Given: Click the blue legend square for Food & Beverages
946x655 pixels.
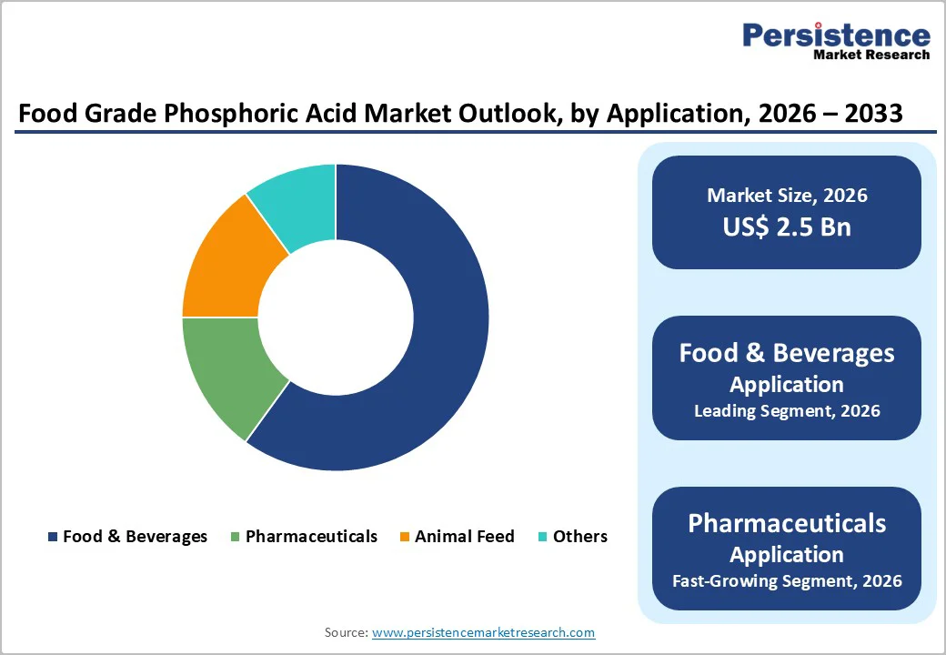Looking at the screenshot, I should tap(53, 537).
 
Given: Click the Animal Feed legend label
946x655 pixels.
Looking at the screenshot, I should tap(464, 537).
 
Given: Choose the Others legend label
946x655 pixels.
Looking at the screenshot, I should tap(579, 537).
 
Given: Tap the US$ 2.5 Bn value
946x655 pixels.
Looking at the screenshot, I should tap(787, 227).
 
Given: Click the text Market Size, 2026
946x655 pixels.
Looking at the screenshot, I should tap(787, 196).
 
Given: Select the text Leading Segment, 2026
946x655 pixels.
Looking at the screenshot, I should tap(787, 411).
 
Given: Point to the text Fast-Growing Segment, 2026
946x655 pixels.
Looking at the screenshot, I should tap(787, 580).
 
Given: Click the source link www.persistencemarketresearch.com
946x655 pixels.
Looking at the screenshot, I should tap(483, 632).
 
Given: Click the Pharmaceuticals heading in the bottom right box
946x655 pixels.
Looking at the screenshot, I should tap(787, 523).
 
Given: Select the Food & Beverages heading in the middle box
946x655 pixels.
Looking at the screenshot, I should tap(787, 353).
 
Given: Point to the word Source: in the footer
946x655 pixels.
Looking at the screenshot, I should tap(346, 632).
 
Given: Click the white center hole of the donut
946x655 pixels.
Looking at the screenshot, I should tap(336, 317).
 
